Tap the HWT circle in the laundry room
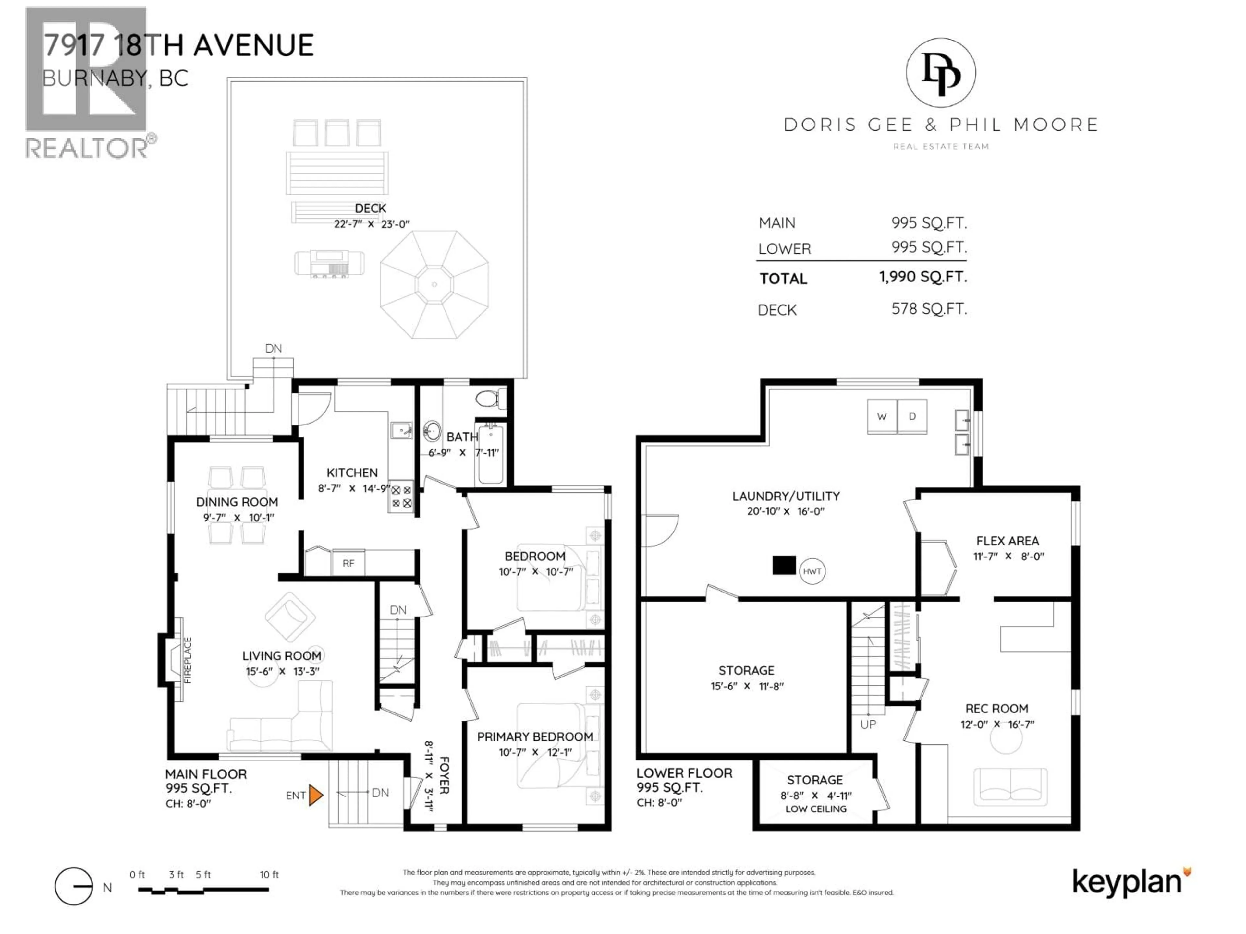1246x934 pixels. pos(812,571)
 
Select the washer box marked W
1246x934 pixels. pos(882,417)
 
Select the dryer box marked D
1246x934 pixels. pos(912,417)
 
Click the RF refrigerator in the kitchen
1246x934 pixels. pos(349,563)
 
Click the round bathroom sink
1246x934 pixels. pos(432,432)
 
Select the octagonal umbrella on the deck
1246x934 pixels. pos(434,284)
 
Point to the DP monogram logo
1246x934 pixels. pos(941,73)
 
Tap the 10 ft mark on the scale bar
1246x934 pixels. pos(269,874)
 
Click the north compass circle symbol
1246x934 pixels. pos(73,886)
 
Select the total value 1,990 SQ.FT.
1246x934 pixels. pos(923,277)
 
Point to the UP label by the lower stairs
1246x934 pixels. pos(868,724)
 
